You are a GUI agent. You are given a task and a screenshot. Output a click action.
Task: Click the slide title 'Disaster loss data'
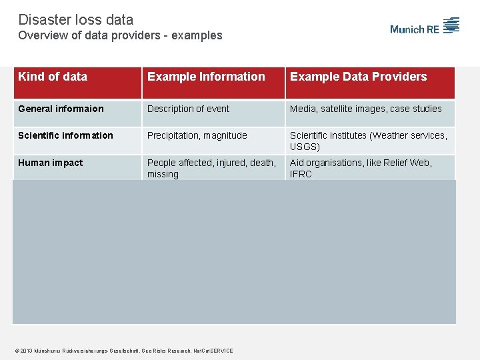coord(75,20)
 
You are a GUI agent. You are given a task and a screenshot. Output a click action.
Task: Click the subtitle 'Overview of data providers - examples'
coord(120,35)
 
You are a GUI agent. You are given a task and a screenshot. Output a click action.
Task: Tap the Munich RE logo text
coord(415,29)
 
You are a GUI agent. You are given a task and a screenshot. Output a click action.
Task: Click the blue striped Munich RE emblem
coord(452,25)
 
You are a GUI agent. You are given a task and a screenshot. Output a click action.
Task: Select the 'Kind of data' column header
coord(53,77)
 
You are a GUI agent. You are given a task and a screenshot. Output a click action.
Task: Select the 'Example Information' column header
coord(206,77)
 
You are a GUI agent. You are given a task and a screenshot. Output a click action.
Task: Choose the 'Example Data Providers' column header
coord(358,77)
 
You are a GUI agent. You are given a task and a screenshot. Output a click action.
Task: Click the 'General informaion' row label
coord(61,109)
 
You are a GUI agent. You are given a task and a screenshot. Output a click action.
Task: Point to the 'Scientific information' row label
coord(65,135)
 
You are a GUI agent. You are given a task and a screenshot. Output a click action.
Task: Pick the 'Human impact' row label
coord(51,163)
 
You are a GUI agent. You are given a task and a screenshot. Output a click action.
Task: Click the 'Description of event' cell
coord(188,109)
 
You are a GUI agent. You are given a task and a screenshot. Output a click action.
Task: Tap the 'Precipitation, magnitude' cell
coord(197,135)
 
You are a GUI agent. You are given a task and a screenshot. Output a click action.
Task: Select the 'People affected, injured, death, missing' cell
coord(211,168)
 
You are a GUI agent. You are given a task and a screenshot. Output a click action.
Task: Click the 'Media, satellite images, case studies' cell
coord(365,109)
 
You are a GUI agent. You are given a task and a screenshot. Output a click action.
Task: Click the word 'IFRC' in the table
coord(301,174)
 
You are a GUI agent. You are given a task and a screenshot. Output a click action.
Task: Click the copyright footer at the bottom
coord(125,351)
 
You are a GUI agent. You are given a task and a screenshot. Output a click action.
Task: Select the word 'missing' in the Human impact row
coord(163,174)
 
